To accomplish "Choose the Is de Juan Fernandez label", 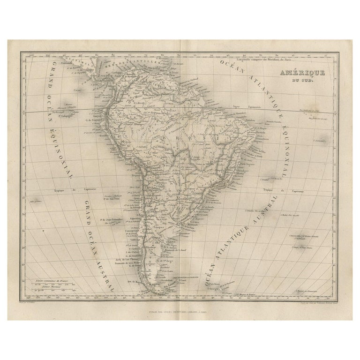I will (x=112, y=219).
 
